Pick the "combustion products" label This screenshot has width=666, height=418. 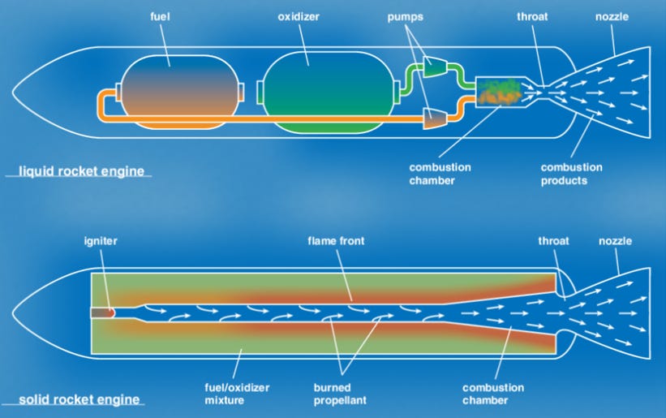click(572, 174)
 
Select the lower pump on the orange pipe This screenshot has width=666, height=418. click(435, 119)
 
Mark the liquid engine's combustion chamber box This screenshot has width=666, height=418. click(498, 91)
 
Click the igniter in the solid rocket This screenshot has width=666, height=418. click(102, 312)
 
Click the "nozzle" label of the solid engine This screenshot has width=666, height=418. click(615, 241)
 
